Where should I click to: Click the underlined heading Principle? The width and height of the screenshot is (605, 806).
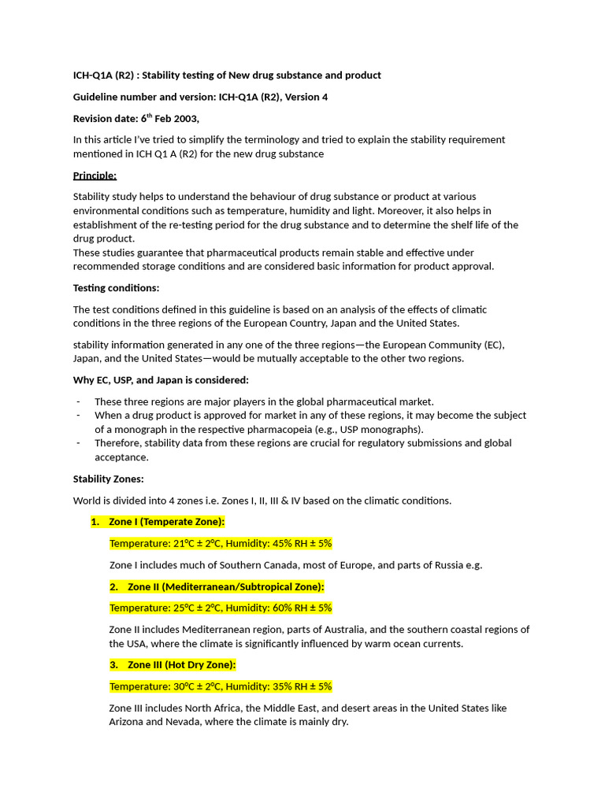[x=95, y=175]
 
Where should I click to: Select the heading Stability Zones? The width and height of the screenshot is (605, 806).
[x=108, y=479]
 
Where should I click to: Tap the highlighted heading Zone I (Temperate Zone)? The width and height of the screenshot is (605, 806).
[x=166, y=522]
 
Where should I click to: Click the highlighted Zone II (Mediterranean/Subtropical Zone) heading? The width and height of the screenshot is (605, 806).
[x=225, y=586]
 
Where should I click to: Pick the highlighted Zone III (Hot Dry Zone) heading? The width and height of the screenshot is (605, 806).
[x=181, y=664]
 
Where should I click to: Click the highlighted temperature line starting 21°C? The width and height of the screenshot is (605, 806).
[x=221, y=543]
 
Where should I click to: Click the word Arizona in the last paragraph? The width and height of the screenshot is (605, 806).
[x=128, y=721]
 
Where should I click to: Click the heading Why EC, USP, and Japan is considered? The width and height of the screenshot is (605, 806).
[x=161, y=380]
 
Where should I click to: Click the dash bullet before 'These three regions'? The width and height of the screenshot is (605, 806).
[x=78, y=401]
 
